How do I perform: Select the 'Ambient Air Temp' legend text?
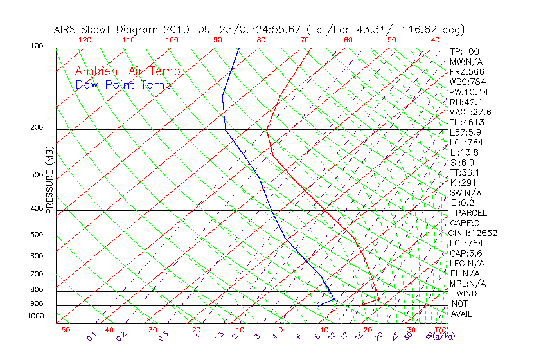[x=127, y=72]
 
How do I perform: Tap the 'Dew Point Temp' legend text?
[x=123, y=85]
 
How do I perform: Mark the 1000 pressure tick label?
[x=36, y=316]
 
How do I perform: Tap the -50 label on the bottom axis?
[x=62, y=330]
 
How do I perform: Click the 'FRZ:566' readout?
[x=466, y=72]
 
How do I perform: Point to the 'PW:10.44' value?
[x=468, y=92]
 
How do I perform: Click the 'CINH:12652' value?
[x=474, y=233]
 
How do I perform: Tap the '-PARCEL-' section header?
[x=471, y=213]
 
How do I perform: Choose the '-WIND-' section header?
[x=467, y=294]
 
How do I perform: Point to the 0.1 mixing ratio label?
[x=91, y=336]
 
